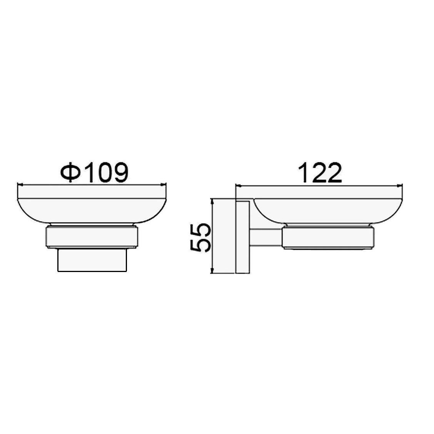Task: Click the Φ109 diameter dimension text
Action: tap(95, 172)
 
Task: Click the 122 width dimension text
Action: tap(321, 173)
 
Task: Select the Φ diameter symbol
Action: tap(71, 172)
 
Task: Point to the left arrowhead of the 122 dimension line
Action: tap(238, 186)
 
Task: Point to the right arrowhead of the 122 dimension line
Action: tap(400, 186)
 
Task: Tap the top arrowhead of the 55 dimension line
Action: tap(212, 201)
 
